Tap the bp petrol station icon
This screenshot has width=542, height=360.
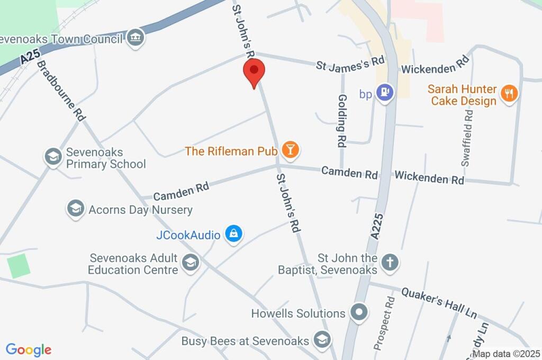click(384, 93)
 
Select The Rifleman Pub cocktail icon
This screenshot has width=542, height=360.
click(290, 150)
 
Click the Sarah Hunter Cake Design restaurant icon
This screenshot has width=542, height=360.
click(509, 94)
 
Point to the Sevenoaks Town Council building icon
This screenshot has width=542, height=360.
click(137, 38)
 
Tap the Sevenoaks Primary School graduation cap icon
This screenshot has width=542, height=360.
click(52, 157)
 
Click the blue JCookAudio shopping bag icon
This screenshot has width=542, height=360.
click(233, 233)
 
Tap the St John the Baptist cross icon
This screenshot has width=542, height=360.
click(390, 262)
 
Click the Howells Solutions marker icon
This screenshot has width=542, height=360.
click(359, 312)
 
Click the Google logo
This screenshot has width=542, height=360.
click(29, 349)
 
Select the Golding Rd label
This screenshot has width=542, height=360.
click(342, 121)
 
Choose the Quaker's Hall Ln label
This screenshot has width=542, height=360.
click(439, 303)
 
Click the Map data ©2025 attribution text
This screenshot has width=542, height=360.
click(506, 354)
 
